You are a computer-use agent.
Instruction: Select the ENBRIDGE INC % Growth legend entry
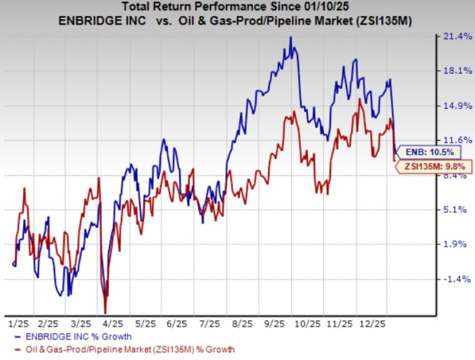click(x=74, y=337)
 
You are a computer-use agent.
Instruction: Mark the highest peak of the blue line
click(x=290, y=37)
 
